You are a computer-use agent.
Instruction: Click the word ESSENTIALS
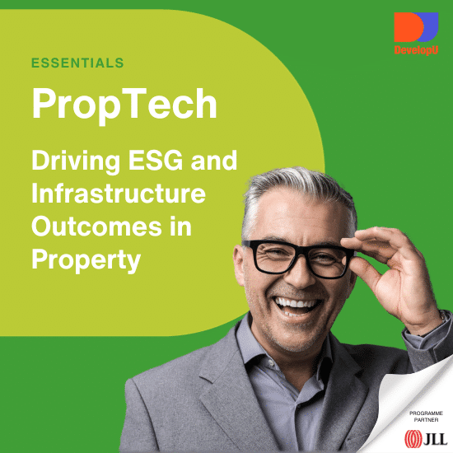(77, 63)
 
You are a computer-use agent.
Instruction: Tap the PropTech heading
(124, 105)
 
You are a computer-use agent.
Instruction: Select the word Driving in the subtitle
(76, 161)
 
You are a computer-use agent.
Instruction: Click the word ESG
(156, 160)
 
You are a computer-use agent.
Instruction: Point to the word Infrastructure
(119, 193)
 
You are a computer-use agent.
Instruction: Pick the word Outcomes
(96, 226)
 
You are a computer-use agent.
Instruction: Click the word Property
(86, 261)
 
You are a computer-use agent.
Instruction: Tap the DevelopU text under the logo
(416, 50)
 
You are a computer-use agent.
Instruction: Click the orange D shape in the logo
(408, 27)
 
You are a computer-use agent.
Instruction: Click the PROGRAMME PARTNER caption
(426, 416)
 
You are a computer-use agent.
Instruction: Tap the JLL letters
(435, 439)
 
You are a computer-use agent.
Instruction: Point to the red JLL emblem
(413, 439)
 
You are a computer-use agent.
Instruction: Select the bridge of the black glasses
(301, 250)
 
